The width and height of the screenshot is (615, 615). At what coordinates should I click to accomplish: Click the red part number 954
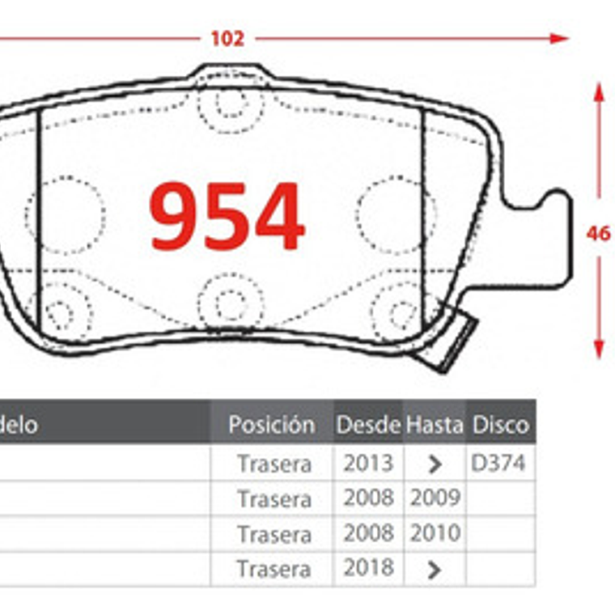click(227, 216)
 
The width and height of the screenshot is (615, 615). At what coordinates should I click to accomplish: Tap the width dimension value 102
click(227, 38)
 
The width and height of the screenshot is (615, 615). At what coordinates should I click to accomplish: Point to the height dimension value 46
click(598, 233)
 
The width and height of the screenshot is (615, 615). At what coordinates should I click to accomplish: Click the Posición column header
click(271, 424)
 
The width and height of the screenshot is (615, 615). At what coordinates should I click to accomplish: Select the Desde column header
click(368, 424)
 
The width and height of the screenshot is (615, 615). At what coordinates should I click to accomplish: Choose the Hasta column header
click(435, 424)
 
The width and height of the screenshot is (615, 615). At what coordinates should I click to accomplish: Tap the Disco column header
click(500, 424)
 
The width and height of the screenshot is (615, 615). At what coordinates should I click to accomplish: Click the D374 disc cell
click(498, 463)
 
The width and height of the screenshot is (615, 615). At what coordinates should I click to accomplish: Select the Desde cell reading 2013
click(368, 463)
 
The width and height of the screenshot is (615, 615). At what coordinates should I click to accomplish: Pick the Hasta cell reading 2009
click(435, 498)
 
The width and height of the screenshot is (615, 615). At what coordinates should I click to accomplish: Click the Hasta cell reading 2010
click(435, 534)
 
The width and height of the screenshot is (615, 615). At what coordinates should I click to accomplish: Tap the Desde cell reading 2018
click(368, 569)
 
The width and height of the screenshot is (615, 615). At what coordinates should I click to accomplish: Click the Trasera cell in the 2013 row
click(274, 464)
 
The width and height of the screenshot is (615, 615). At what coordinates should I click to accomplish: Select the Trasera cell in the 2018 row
click(274, 570)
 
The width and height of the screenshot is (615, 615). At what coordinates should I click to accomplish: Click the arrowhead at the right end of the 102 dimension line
click(559, 38)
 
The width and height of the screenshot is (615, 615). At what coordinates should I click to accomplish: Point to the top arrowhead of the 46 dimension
click(599, 92)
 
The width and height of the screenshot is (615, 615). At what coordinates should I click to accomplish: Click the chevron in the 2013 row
click(435, 464)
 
